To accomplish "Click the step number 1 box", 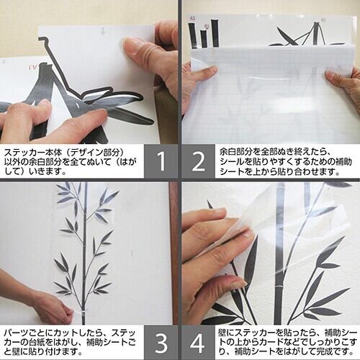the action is point(161,161).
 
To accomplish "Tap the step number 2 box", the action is point(199,161).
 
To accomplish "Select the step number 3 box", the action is point(161,342).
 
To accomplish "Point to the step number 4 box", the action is point(198,342).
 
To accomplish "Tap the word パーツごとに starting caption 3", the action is point(26,333).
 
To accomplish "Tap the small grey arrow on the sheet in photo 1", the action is point(103,31).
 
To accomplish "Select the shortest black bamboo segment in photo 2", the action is point(204,39).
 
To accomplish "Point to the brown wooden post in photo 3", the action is point(174,253).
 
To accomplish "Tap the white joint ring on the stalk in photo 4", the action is point(280,287).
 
